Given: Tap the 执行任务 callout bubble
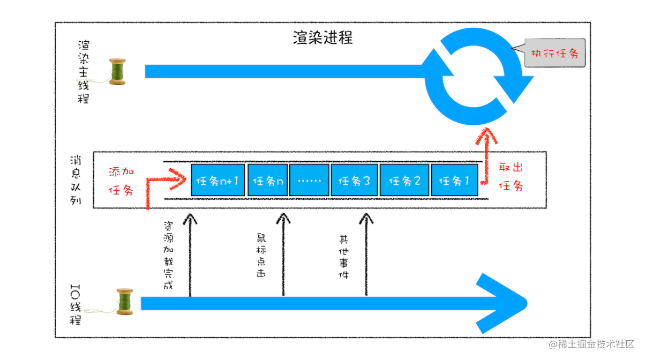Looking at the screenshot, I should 554,54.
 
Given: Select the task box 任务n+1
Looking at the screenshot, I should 217,181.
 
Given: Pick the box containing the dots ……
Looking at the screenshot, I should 309,181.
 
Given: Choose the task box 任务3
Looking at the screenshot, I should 354,181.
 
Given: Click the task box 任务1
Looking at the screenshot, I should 454,181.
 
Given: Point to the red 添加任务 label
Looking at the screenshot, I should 121,181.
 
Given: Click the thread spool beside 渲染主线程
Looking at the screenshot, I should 117,71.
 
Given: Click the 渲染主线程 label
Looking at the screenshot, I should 83,71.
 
